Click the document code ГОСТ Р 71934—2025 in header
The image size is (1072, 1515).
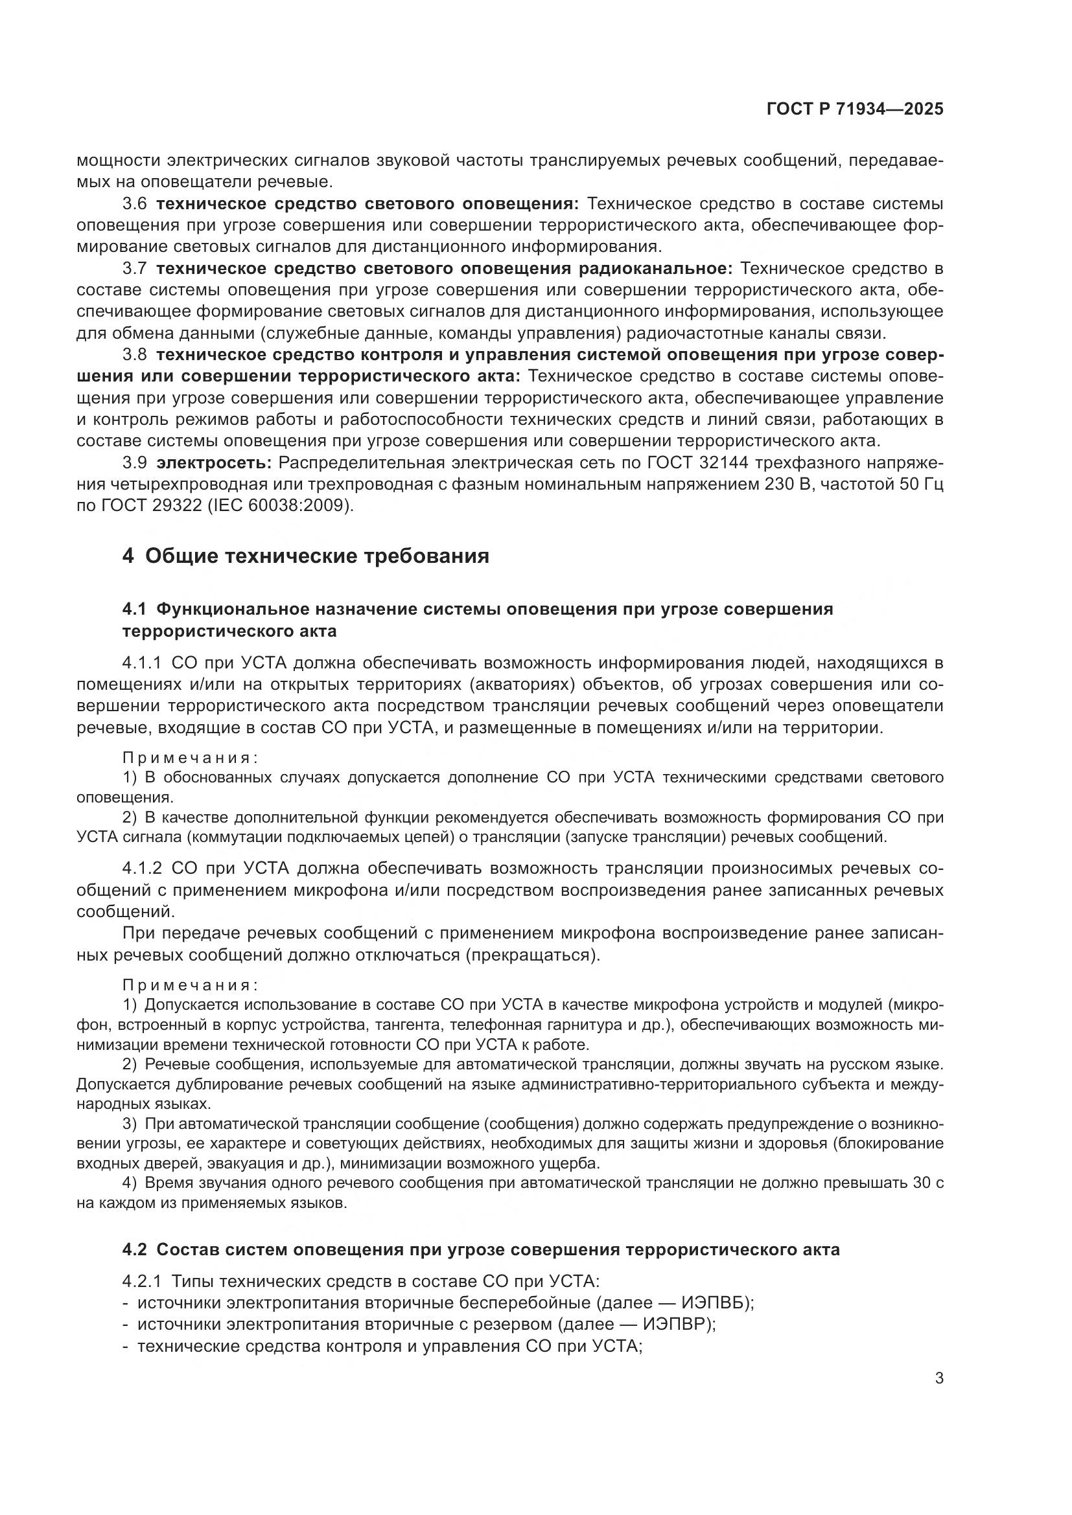pos(855,109)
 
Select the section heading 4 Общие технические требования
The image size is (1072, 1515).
pos(306,556)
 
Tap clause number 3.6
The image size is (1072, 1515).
pos(135,204)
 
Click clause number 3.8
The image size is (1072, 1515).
pos(135,355)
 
